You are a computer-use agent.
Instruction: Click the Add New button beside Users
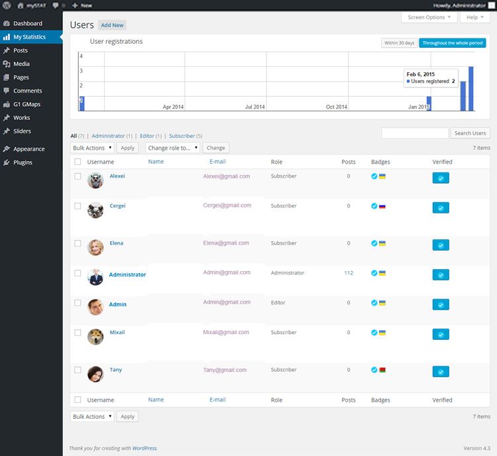point(112,25)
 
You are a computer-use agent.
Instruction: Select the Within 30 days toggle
point(399,43)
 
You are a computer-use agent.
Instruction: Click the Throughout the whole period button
point(452,43)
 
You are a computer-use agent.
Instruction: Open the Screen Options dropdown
point(429,17)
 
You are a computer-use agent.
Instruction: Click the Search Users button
point(470,133)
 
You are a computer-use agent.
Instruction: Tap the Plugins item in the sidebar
point(23,162)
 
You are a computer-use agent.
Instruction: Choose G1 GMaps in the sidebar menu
point(27,104)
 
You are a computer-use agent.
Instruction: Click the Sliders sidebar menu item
point(22,131)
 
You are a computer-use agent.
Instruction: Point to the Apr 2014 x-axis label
point(173,107)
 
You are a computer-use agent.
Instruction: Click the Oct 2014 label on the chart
point(337,107)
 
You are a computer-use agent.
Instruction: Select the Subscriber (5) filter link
point(186,136)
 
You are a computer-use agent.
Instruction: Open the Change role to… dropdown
point(172,148)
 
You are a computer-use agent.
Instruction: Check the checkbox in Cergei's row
point(78,206)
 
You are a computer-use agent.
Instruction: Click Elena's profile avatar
point(95,247)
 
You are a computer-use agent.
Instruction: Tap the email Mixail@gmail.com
point(226,333)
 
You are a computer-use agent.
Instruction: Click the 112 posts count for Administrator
point(349,273)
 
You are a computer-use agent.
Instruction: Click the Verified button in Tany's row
point(441,371)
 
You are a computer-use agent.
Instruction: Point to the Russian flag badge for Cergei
point(382,206)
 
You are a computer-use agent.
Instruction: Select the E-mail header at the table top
point(217,162)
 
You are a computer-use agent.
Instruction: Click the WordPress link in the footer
point(144,449)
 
